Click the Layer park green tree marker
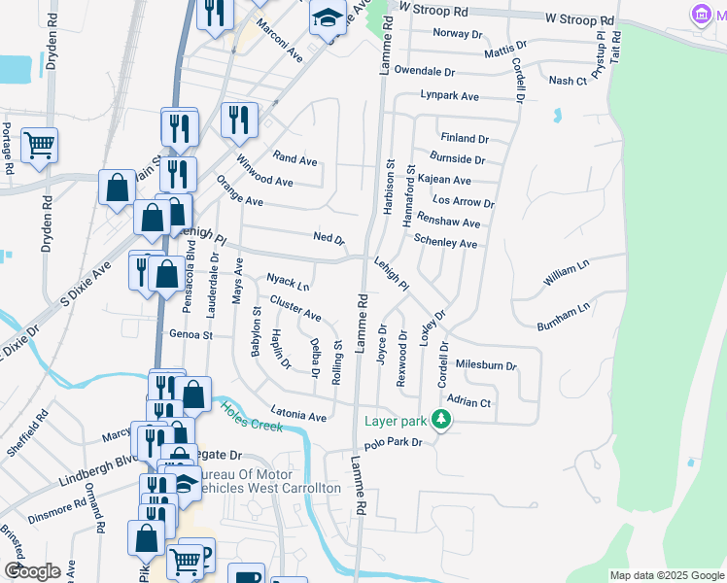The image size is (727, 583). pos(442,420)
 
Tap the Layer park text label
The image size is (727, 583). pos(396,421)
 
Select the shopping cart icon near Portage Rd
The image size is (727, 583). pos(40,146)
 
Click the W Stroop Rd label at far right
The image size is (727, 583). pos(579,19)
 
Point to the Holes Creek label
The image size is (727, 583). pos(251,417)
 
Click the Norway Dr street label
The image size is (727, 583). pos(458,33)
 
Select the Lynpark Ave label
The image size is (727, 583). pos(450,96)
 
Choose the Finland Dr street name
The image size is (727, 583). pos(465,138)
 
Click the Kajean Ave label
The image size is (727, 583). pos(444,181)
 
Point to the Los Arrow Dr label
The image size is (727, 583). pos(464,203)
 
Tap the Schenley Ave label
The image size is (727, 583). pos(445,243)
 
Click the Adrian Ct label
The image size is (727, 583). pos(467,401)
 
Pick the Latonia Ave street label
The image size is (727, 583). pos(298,417)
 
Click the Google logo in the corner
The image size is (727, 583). pos(32,571)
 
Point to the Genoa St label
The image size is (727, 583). pos(190,334)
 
